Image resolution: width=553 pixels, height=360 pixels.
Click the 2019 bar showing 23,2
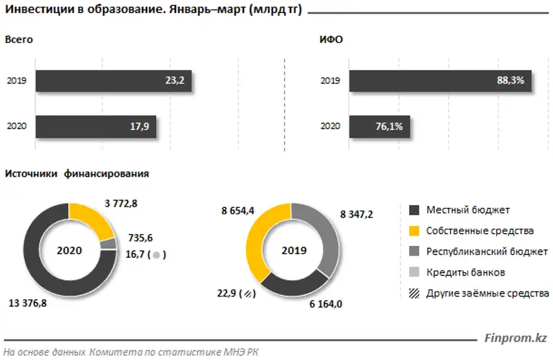point(114,81)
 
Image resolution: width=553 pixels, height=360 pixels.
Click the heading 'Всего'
point(19,40)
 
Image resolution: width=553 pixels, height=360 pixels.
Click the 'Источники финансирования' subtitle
point(77,173)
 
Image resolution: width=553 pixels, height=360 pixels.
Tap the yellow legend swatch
point(415,231)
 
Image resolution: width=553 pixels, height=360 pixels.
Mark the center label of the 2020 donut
point(69,250)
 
